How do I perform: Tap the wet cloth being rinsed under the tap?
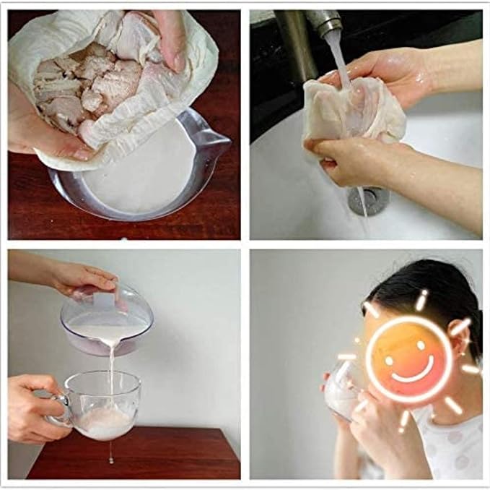pos(346,116)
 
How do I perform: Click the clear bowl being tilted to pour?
pos(108,318)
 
